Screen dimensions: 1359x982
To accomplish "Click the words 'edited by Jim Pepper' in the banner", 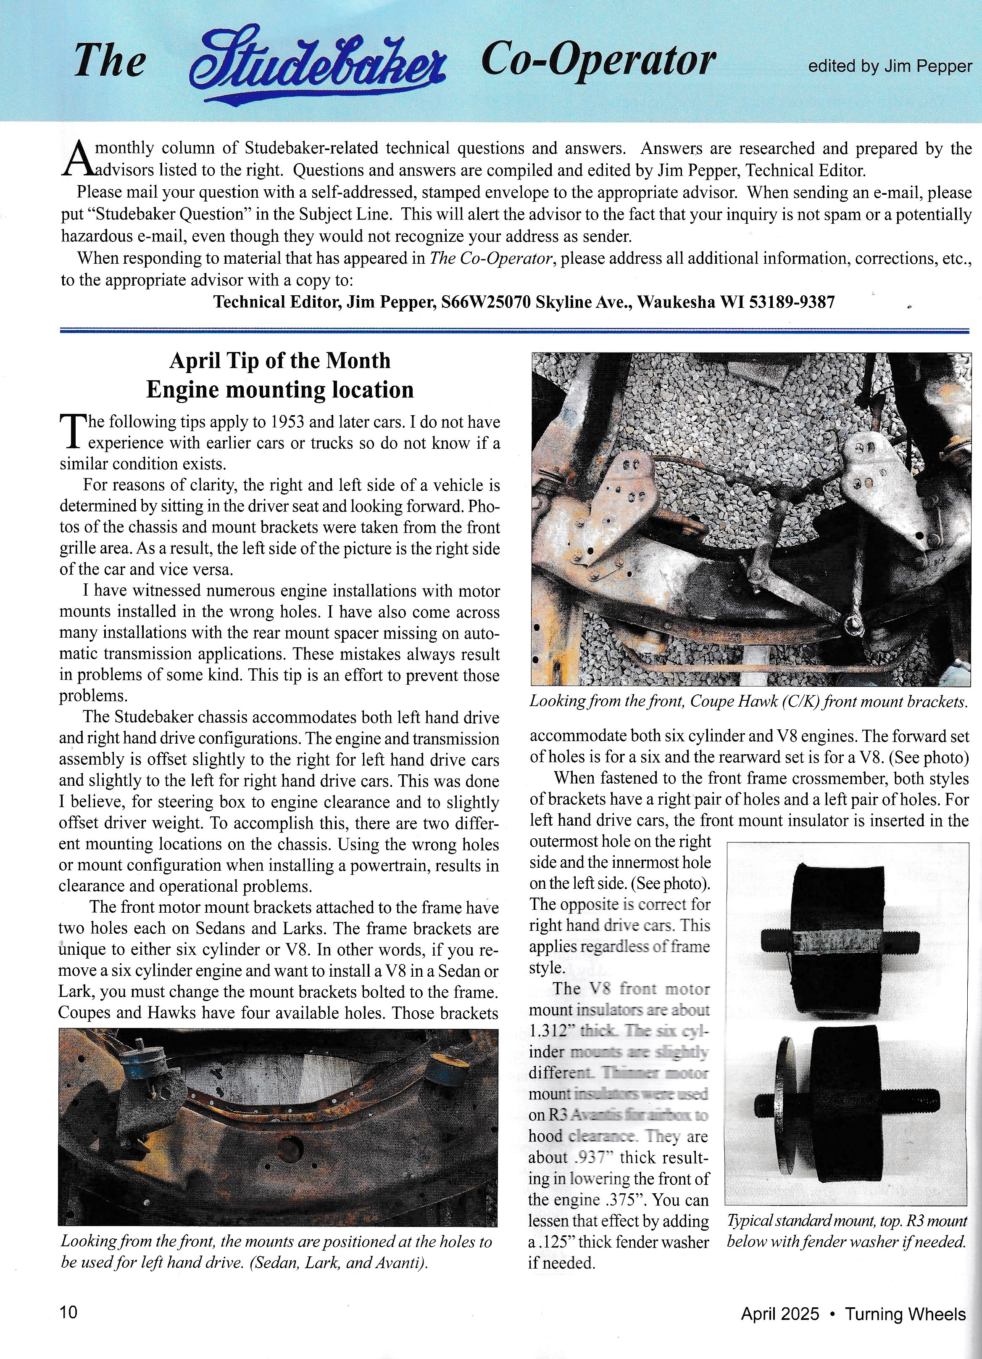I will [x=890, y=66].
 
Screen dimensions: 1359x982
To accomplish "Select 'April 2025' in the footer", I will [x=779, y=1314].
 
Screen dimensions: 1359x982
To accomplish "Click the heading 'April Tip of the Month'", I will [x=279, y=361].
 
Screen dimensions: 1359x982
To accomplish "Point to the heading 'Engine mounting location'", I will [x=279, y=389].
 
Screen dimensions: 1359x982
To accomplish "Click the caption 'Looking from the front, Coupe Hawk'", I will [x=748, y=701].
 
